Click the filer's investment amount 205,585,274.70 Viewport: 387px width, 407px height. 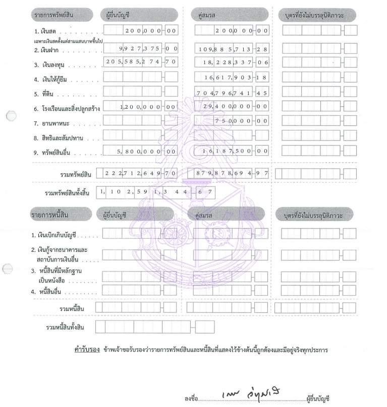click(x=141, y=62)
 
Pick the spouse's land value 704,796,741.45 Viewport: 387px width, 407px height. click(x=233, y=93)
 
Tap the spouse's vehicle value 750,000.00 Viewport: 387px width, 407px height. click(x=242, y=121)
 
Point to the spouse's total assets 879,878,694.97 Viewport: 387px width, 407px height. click(x=233, y=173)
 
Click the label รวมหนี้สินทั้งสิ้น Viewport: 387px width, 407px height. click(x=65, y=327)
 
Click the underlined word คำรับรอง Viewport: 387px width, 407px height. click(x=85, y=350)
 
